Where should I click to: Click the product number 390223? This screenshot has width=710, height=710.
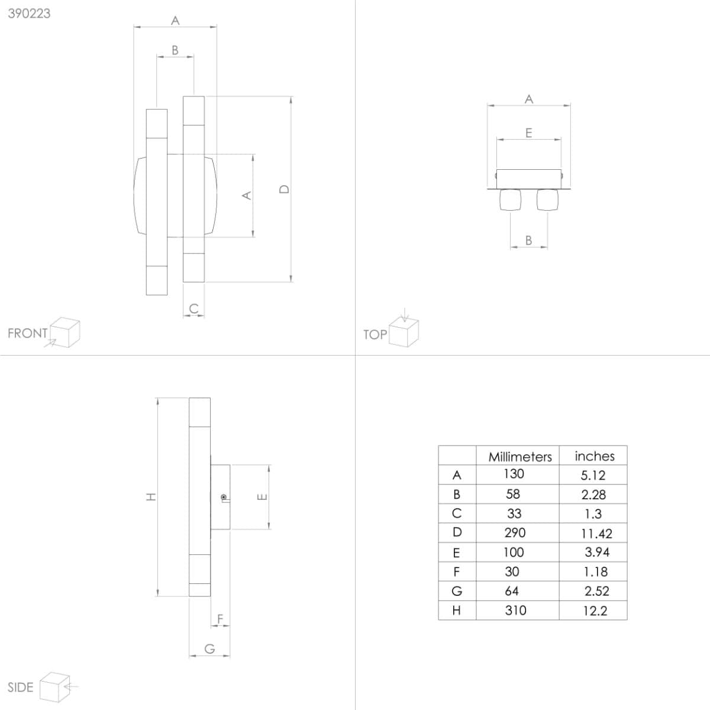click(x=29, y=14)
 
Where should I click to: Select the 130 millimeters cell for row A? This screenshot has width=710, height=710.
click(x=514, y=473)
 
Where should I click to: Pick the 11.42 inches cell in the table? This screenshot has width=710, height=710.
click(x=596, y=534)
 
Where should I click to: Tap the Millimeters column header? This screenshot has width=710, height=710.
click(x=520, y=457)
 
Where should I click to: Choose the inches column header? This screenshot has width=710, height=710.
click(x=595, y=456)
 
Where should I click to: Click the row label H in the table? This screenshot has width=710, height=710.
click(x=457, y=611)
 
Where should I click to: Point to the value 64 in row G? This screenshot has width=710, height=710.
click(x=512, y=591)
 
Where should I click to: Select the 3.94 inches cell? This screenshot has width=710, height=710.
click(x=597, y=552)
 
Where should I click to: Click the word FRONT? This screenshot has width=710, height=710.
click(x=28, y=334)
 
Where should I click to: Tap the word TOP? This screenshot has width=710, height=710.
click(x=375, y=334)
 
